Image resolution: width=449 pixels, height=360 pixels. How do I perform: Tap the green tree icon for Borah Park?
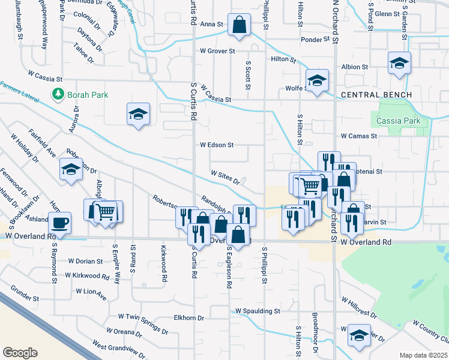point(58,94)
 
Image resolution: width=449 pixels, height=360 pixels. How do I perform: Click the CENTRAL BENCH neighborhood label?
point(376,95)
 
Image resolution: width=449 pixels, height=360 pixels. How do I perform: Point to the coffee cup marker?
point(60,223)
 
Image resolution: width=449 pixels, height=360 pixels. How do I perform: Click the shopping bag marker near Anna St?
point(239,26)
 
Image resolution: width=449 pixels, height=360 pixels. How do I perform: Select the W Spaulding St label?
point(258,311)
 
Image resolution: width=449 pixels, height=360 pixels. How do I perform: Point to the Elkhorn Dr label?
point(188,317)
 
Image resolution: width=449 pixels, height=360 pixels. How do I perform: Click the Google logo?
point(20,353)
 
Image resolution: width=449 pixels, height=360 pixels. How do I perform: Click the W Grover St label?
point(217,51)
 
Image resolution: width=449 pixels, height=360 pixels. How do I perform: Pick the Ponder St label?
point(312,40)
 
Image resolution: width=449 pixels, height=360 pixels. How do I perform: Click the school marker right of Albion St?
point(399,63)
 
